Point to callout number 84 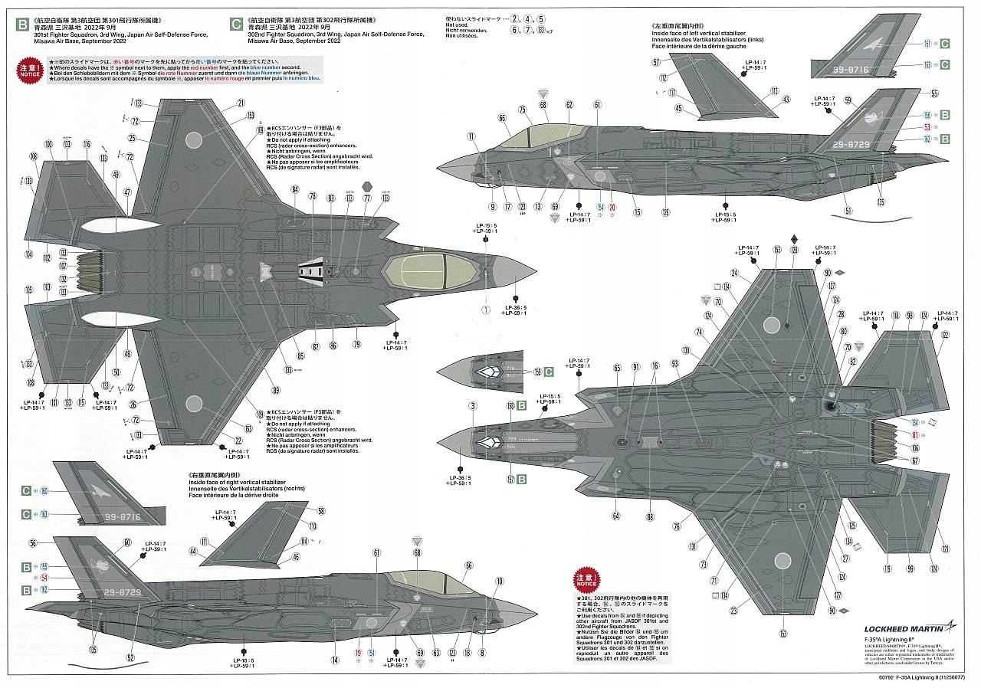pos(294,189)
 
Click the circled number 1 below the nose pos(485,310)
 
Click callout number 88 pos(650,516)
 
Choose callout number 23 pos(733,611)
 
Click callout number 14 pos(335,660)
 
